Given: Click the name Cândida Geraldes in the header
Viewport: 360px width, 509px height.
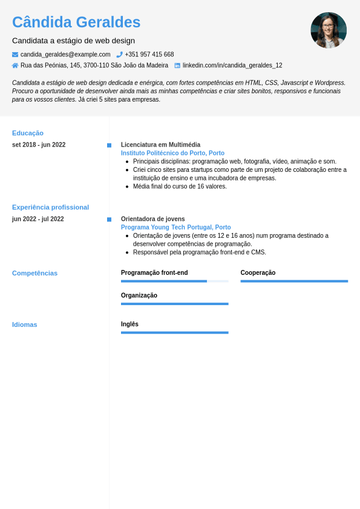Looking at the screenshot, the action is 76,22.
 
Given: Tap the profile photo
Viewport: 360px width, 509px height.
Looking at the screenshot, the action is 329,30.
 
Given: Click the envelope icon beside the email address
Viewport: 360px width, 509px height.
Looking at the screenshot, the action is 15,54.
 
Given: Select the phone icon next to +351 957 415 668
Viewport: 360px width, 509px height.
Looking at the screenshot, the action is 120,54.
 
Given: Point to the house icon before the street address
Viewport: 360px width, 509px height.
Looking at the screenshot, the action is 15,65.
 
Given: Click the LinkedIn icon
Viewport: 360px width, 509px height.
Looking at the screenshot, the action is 177,65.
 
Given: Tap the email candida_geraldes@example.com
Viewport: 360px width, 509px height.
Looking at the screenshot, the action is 65,54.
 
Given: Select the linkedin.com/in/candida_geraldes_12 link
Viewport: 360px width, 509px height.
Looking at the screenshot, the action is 232,65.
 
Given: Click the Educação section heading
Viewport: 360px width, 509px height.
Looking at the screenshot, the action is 28,133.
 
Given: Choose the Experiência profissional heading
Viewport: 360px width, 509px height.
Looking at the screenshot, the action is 50,207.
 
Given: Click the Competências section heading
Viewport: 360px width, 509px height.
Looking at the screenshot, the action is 34,273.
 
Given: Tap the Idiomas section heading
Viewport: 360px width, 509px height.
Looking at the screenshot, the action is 24,324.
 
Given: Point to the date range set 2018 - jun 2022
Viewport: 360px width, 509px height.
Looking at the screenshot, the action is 39,145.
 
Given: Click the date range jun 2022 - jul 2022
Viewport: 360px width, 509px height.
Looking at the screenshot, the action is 38,219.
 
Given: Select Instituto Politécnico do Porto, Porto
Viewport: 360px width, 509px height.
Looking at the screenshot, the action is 172,153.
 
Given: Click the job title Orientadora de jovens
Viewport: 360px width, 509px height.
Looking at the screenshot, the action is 152,219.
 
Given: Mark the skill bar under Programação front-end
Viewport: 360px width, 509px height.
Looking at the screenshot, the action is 174,281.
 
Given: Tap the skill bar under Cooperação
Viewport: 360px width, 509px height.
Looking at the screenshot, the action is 294,281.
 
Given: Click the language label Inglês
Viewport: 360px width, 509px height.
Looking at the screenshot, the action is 129,324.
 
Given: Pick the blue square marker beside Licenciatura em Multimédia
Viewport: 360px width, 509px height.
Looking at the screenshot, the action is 109,145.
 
